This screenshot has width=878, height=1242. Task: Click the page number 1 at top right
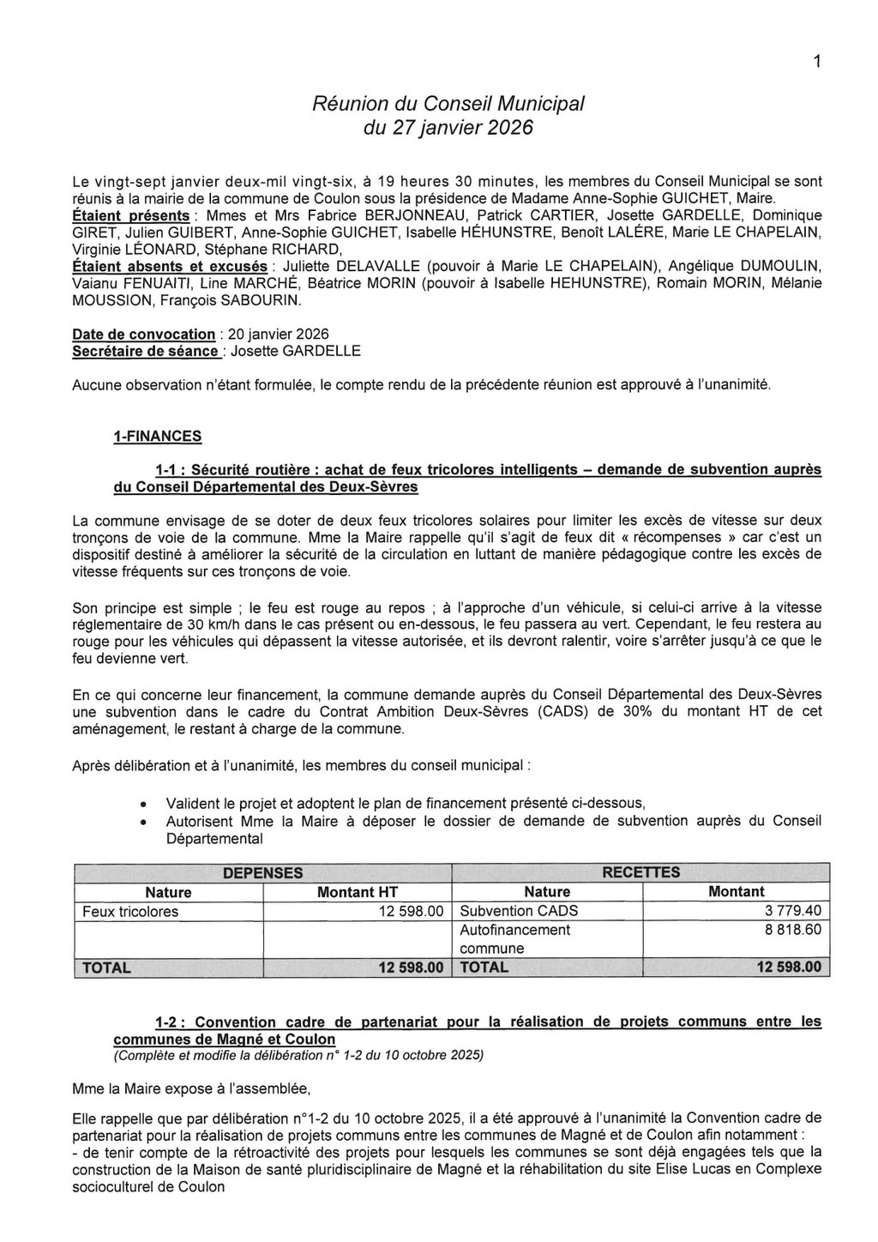(x=818, y=62)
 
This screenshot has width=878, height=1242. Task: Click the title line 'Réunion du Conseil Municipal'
(x=448, y=104)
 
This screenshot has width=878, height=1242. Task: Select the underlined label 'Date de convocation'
(x=144, y=334)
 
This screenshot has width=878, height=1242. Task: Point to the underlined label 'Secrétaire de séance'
(x=145, y=351)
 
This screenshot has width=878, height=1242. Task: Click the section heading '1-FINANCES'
(x=158, y=436)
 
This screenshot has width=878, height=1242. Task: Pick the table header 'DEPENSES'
(x=262, y=873)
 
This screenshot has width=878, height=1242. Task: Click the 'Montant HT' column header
(x=358, y=892)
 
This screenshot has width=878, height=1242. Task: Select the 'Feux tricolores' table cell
(x=130, y=911)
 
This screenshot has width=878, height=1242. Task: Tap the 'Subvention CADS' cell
(x=519, y=911)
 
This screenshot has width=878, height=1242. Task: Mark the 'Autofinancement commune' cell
(x=514, y=939)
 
